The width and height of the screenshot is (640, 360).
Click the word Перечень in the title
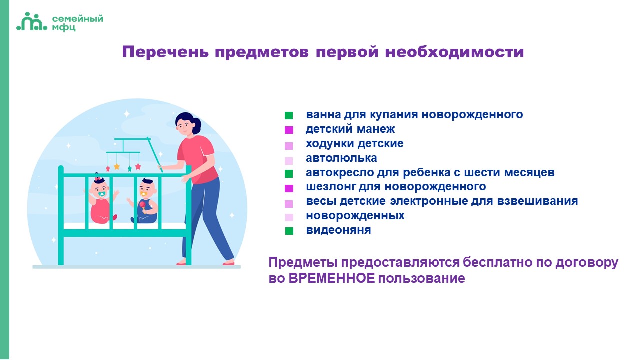165,52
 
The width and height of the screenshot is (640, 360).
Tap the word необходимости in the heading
455,52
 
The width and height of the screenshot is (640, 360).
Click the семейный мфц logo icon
32,21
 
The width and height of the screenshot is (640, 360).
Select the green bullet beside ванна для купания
289,115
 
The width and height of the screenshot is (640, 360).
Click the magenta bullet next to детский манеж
289,130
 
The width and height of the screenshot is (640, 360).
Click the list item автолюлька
341,158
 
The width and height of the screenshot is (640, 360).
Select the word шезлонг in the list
331,187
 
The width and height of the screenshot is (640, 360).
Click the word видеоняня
338,230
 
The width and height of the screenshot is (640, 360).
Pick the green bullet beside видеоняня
289,231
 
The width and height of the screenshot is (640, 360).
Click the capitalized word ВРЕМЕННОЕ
331,278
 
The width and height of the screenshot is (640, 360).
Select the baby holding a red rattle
144,201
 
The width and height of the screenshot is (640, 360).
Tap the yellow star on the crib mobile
117,166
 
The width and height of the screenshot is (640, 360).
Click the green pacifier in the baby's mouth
102,194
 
